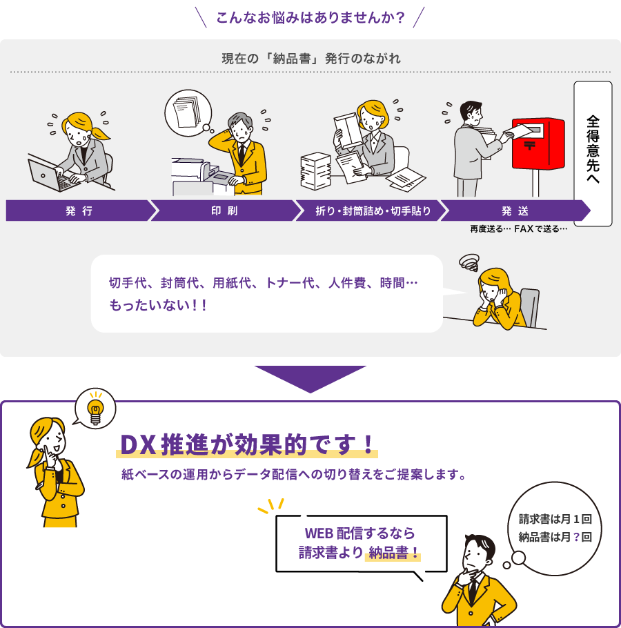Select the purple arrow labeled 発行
coord(81,210)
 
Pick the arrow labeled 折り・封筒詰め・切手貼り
coord(371,210)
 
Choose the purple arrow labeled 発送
coord(515,210)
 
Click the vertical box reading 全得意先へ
coord(593,154)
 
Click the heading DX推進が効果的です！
coord(247,444)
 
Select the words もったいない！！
coord(158,305)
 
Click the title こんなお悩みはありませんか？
coord(310,18)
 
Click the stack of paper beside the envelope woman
coord(315,171)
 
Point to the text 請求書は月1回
coord(555,519)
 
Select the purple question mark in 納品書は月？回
coord(576,537)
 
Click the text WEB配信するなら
coord(359,533)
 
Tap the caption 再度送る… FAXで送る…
coord(518,228)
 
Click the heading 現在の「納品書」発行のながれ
coord(310,59)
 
